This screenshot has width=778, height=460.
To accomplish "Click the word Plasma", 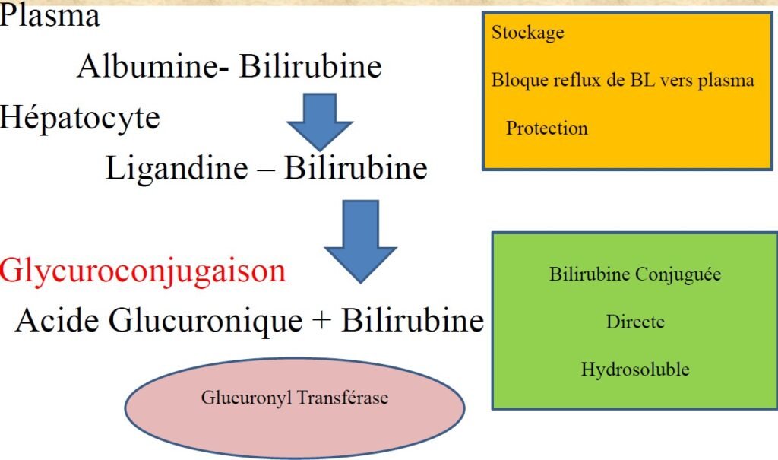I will (x=50, y=17).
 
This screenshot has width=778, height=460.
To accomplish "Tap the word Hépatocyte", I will (x=80, y=118).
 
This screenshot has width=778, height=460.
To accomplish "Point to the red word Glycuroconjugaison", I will (x=144, y=271).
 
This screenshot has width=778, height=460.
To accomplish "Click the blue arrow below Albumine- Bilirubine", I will (x=319, y=121).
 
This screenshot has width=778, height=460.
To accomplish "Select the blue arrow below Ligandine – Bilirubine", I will (x=360, y=240).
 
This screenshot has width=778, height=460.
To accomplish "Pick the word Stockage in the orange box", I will (x=528, y=33).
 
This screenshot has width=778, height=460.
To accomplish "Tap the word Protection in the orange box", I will (x=547, y=128).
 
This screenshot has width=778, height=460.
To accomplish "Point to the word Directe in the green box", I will (x=635, y=322).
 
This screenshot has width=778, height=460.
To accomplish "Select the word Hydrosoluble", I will (x=635, y=370).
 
